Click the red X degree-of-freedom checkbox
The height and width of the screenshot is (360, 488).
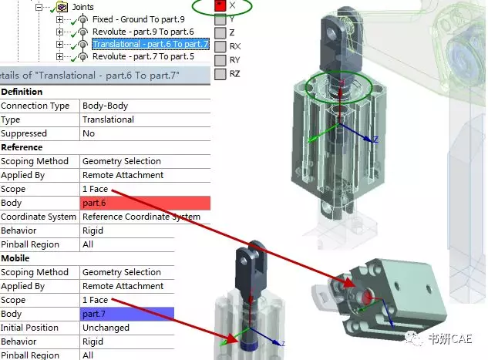click(220, 5)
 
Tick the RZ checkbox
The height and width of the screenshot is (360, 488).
click(220, 74)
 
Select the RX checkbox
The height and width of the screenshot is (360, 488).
click(220, 46)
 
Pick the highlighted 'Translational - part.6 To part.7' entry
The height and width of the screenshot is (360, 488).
click(150, 44)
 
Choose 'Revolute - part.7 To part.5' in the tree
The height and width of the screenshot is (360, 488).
click(143, 56)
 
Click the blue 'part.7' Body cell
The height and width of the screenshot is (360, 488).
click(127, 314)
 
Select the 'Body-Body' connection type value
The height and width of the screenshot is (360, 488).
click(107, 106)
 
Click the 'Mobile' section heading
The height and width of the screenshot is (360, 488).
click(15, 258)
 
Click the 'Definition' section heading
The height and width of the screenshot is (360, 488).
click(22, 92)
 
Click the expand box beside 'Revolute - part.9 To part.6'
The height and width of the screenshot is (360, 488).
click(60, 32)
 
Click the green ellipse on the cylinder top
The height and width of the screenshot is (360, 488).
click(339, 87)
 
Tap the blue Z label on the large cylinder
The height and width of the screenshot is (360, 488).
click(375, 140)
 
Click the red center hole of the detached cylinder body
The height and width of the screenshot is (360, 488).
click(360, 296)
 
